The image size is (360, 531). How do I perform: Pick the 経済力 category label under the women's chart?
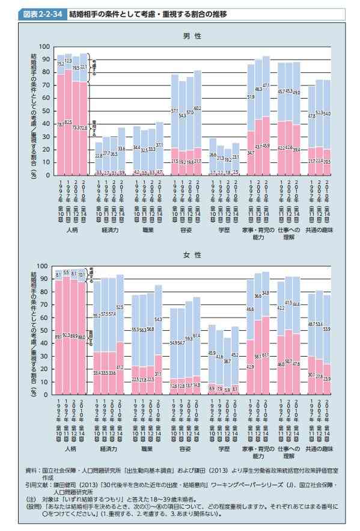109,448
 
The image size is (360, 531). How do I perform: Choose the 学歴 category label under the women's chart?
224,448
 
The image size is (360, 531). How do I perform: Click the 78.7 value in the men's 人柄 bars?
60,124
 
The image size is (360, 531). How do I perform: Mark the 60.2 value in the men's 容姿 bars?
197,108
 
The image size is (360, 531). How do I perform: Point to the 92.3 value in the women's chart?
67,335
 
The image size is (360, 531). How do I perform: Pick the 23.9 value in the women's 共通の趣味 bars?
327,379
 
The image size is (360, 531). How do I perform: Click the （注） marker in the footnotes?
31,498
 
